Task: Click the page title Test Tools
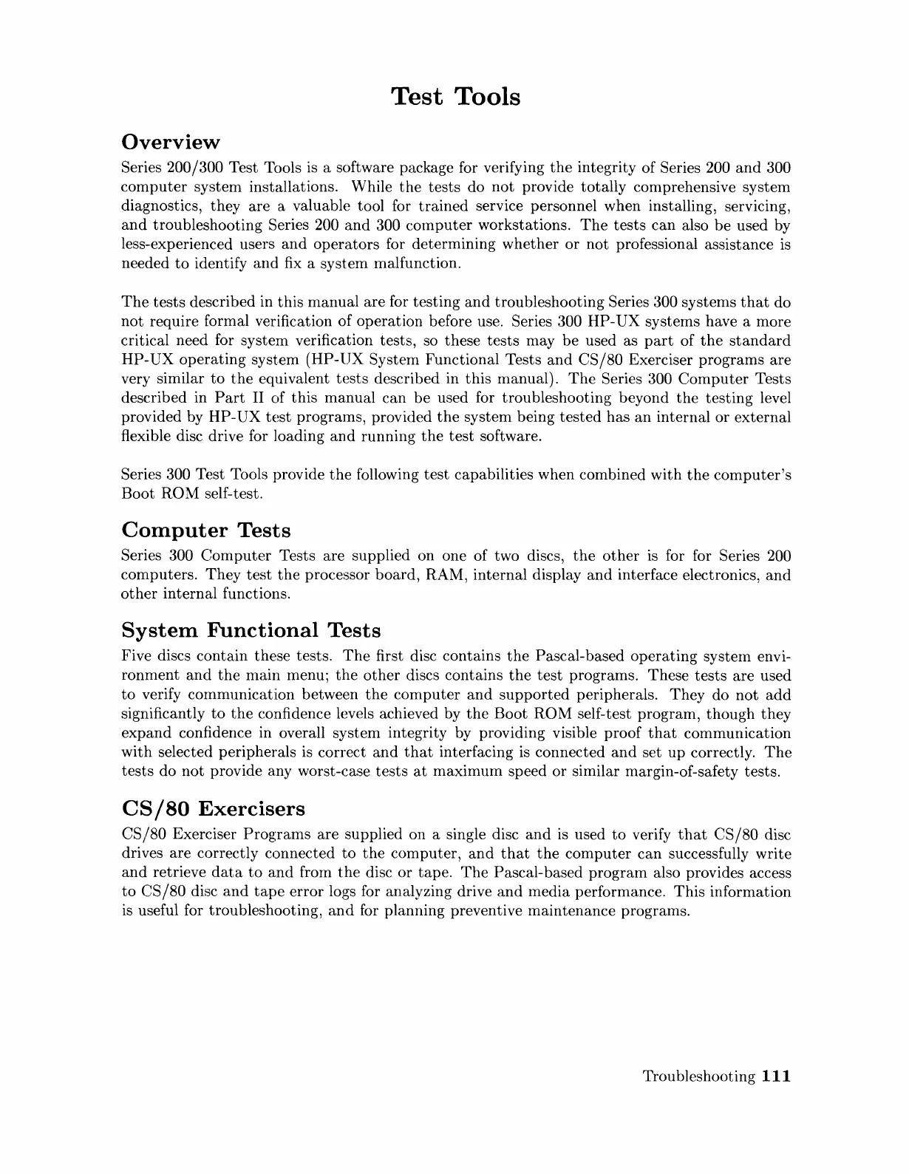click(x=454, y=97)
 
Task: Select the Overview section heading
click(x=170, y=142)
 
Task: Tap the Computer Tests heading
click(x=205, y=530)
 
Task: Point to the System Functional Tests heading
click(x=251, y=630)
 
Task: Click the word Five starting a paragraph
click(x=136, y=656)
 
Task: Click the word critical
click(x=146, y=341)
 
